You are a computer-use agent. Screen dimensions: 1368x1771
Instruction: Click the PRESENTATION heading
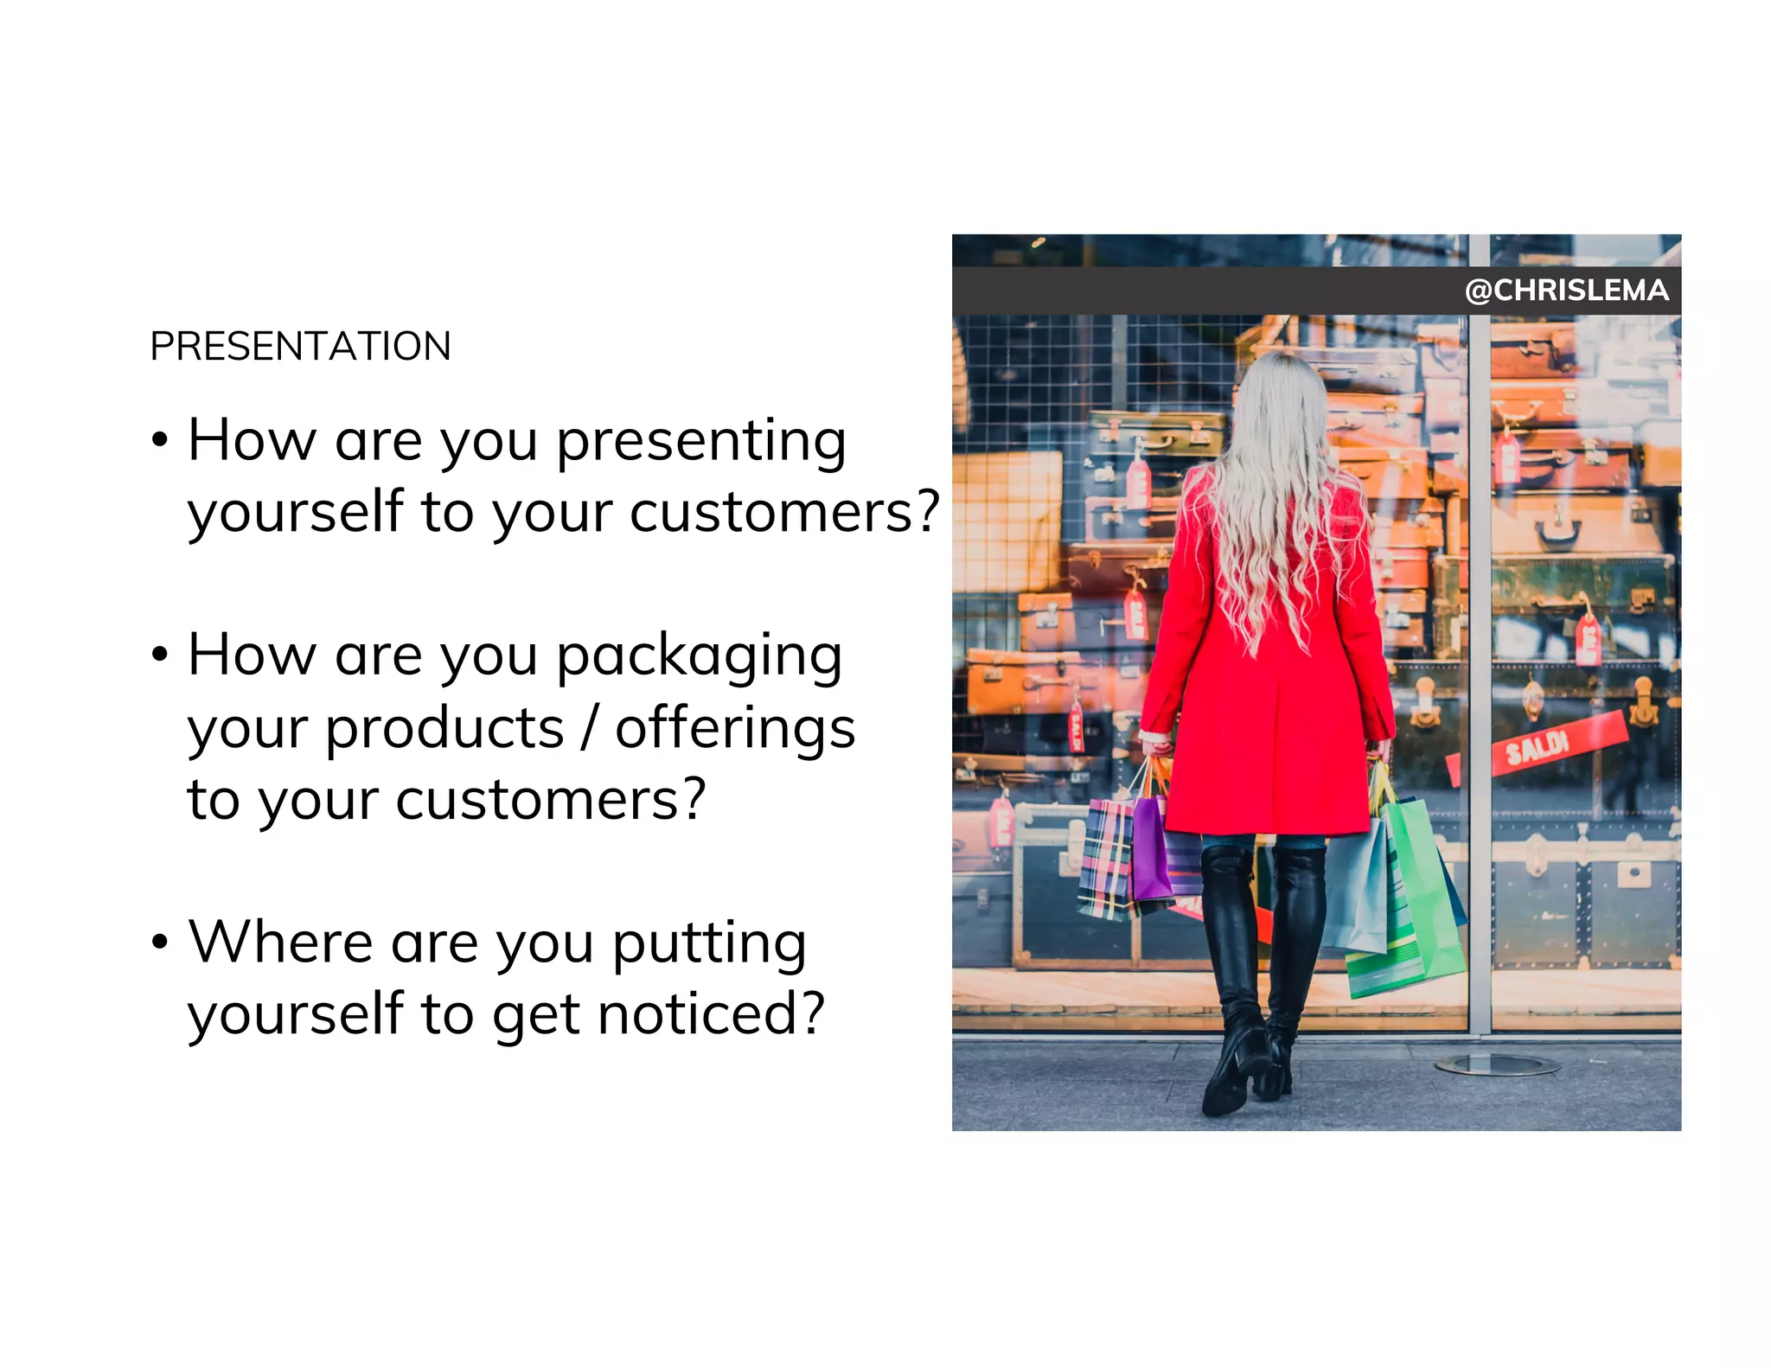(x=300, y=346)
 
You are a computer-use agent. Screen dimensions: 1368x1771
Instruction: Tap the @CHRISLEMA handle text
(x=1566, y=291)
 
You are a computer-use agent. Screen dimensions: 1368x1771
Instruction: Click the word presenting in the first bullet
(x=700, y=442)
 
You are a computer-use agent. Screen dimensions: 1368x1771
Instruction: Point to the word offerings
(x=735, y=729)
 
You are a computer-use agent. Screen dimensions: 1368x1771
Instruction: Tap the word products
(x=444, y=729)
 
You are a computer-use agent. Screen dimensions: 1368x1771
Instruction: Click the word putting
(x=709, y=944)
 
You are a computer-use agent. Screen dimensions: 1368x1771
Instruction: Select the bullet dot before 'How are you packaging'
(x=159, y=654)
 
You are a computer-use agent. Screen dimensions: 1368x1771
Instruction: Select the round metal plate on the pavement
(x=1496, y=1065)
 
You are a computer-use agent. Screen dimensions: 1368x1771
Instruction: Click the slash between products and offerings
(x=589, y=729)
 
